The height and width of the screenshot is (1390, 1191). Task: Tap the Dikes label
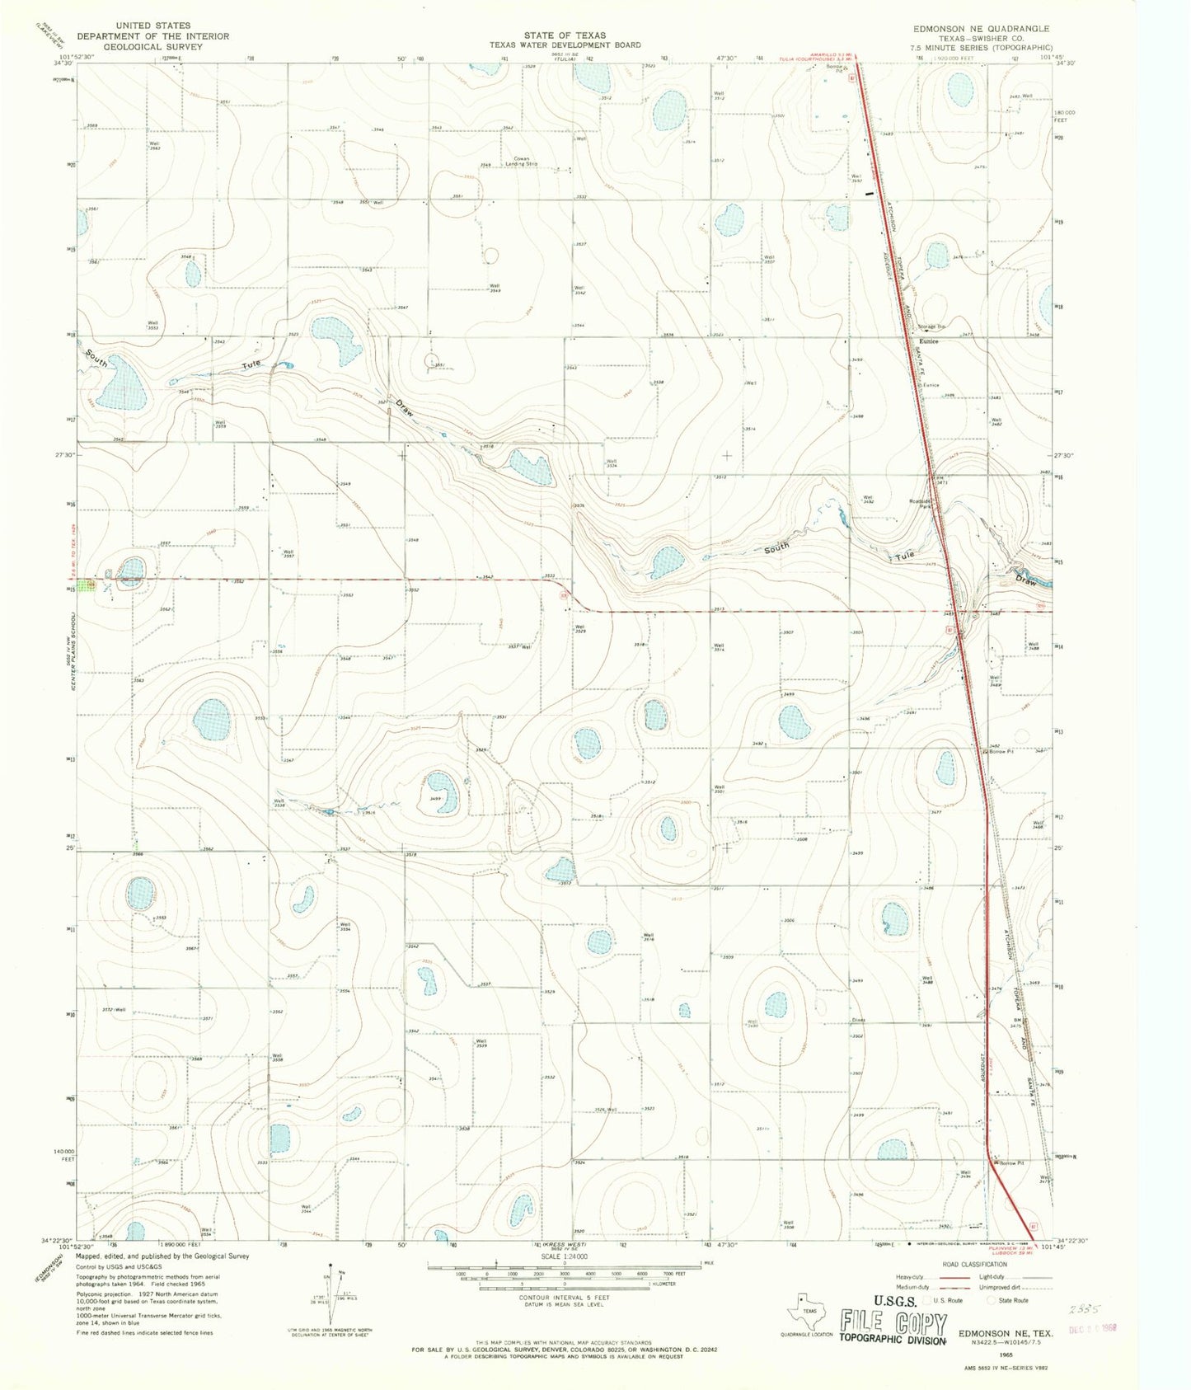[x=858, y=1020]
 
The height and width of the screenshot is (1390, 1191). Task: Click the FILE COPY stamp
[x=893, y=1324]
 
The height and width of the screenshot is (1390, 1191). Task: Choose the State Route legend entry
[x=1012, y=1300]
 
